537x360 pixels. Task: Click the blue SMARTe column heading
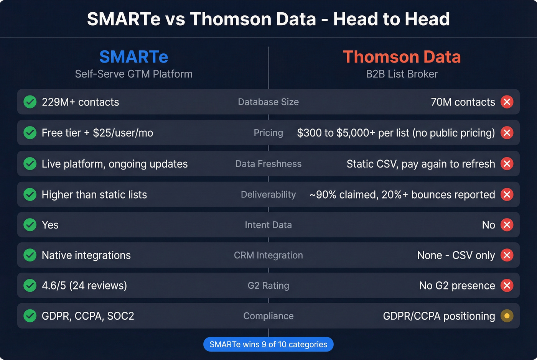(133, 57)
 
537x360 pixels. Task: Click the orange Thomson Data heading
(402, 57)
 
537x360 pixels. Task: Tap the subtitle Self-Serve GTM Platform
(133, 74)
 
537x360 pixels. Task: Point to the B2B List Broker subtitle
(402, 74)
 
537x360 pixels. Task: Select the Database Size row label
(268, 102)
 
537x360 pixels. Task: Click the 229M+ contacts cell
(80, 102)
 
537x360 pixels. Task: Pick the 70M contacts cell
(463, 102)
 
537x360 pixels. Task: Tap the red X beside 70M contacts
(507, 102)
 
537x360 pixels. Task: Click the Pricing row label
(268, 133)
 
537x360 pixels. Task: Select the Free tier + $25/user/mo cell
(97, 133)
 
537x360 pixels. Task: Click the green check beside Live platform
(30, 164)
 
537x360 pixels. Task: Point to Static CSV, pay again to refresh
(420, 164)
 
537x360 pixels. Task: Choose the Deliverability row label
(268, 194)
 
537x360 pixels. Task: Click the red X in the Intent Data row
(507, 225)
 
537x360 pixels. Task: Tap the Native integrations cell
(86, 255)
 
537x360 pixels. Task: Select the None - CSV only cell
(456, 255)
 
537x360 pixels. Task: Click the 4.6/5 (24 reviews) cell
(84, 285)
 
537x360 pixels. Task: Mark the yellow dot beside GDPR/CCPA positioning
(507, 316)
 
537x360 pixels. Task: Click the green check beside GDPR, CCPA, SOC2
(30, 316)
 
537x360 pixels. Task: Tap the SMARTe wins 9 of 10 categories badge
(268, 344)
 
